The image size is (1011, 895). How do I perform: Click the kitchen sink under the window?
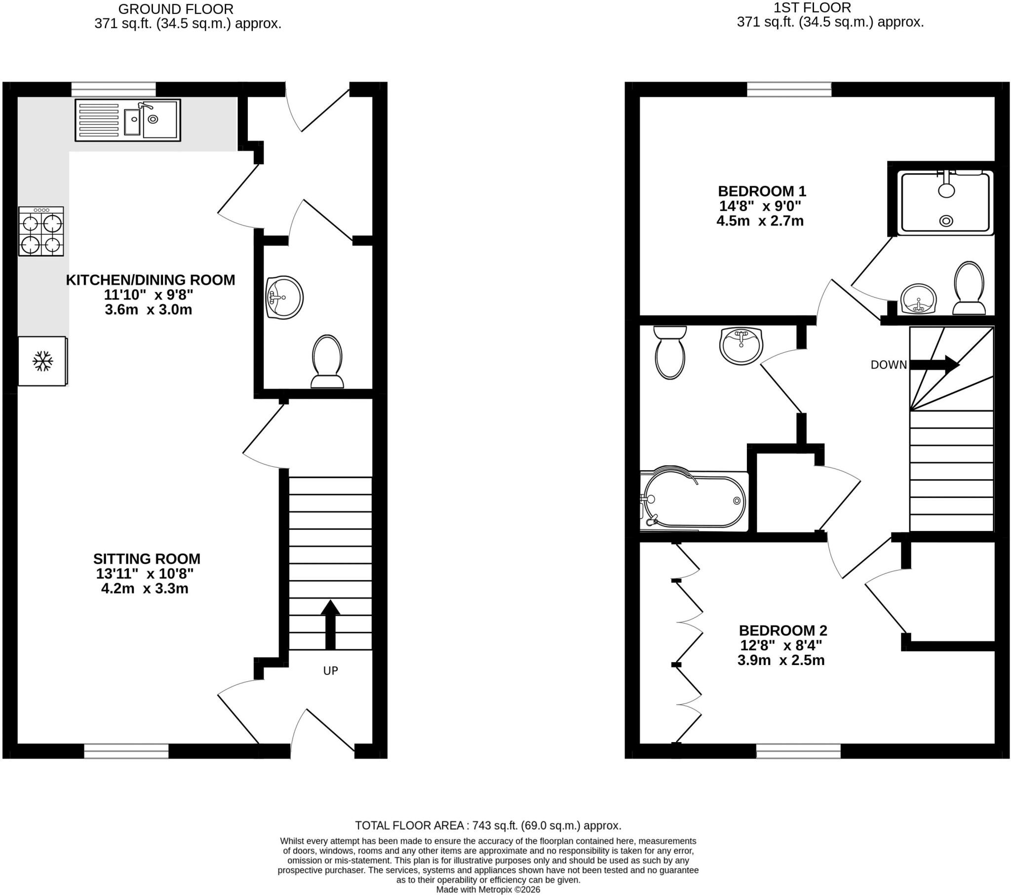128,120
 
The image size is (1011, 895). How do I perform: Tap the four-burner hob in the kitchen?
41,231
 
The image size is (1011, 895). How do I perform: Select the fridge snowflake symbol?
42,362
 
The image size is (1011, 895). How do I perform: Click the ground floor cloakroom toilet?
327,362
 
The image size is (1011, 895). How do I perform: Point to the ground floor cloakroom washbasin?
284,298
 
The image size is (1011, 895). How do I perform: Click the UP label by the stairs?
330,671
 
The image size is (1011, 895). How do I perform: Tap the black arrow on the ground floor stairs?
330,625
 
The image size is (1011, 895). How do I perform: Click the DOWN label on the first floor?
889,365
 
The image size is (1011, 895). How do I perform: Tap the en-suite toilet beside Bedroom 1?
969,288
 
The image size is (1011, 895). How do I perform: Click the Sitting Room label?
147,559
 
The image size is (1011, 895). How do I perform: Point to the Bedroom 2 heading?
783,631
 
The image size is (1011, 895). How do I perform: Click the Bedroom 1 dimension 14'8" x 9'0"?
760,206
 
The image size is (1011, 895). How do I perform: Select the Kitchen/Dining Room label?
151,280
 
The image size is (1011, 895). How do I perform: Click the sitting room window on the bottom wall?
126,751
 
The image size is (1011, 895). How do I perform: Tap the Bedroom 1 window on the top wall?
789,89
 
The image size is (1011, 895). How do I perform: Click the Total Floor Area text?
488,826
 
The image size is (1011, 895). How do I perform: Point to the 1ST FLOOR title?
812,8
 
